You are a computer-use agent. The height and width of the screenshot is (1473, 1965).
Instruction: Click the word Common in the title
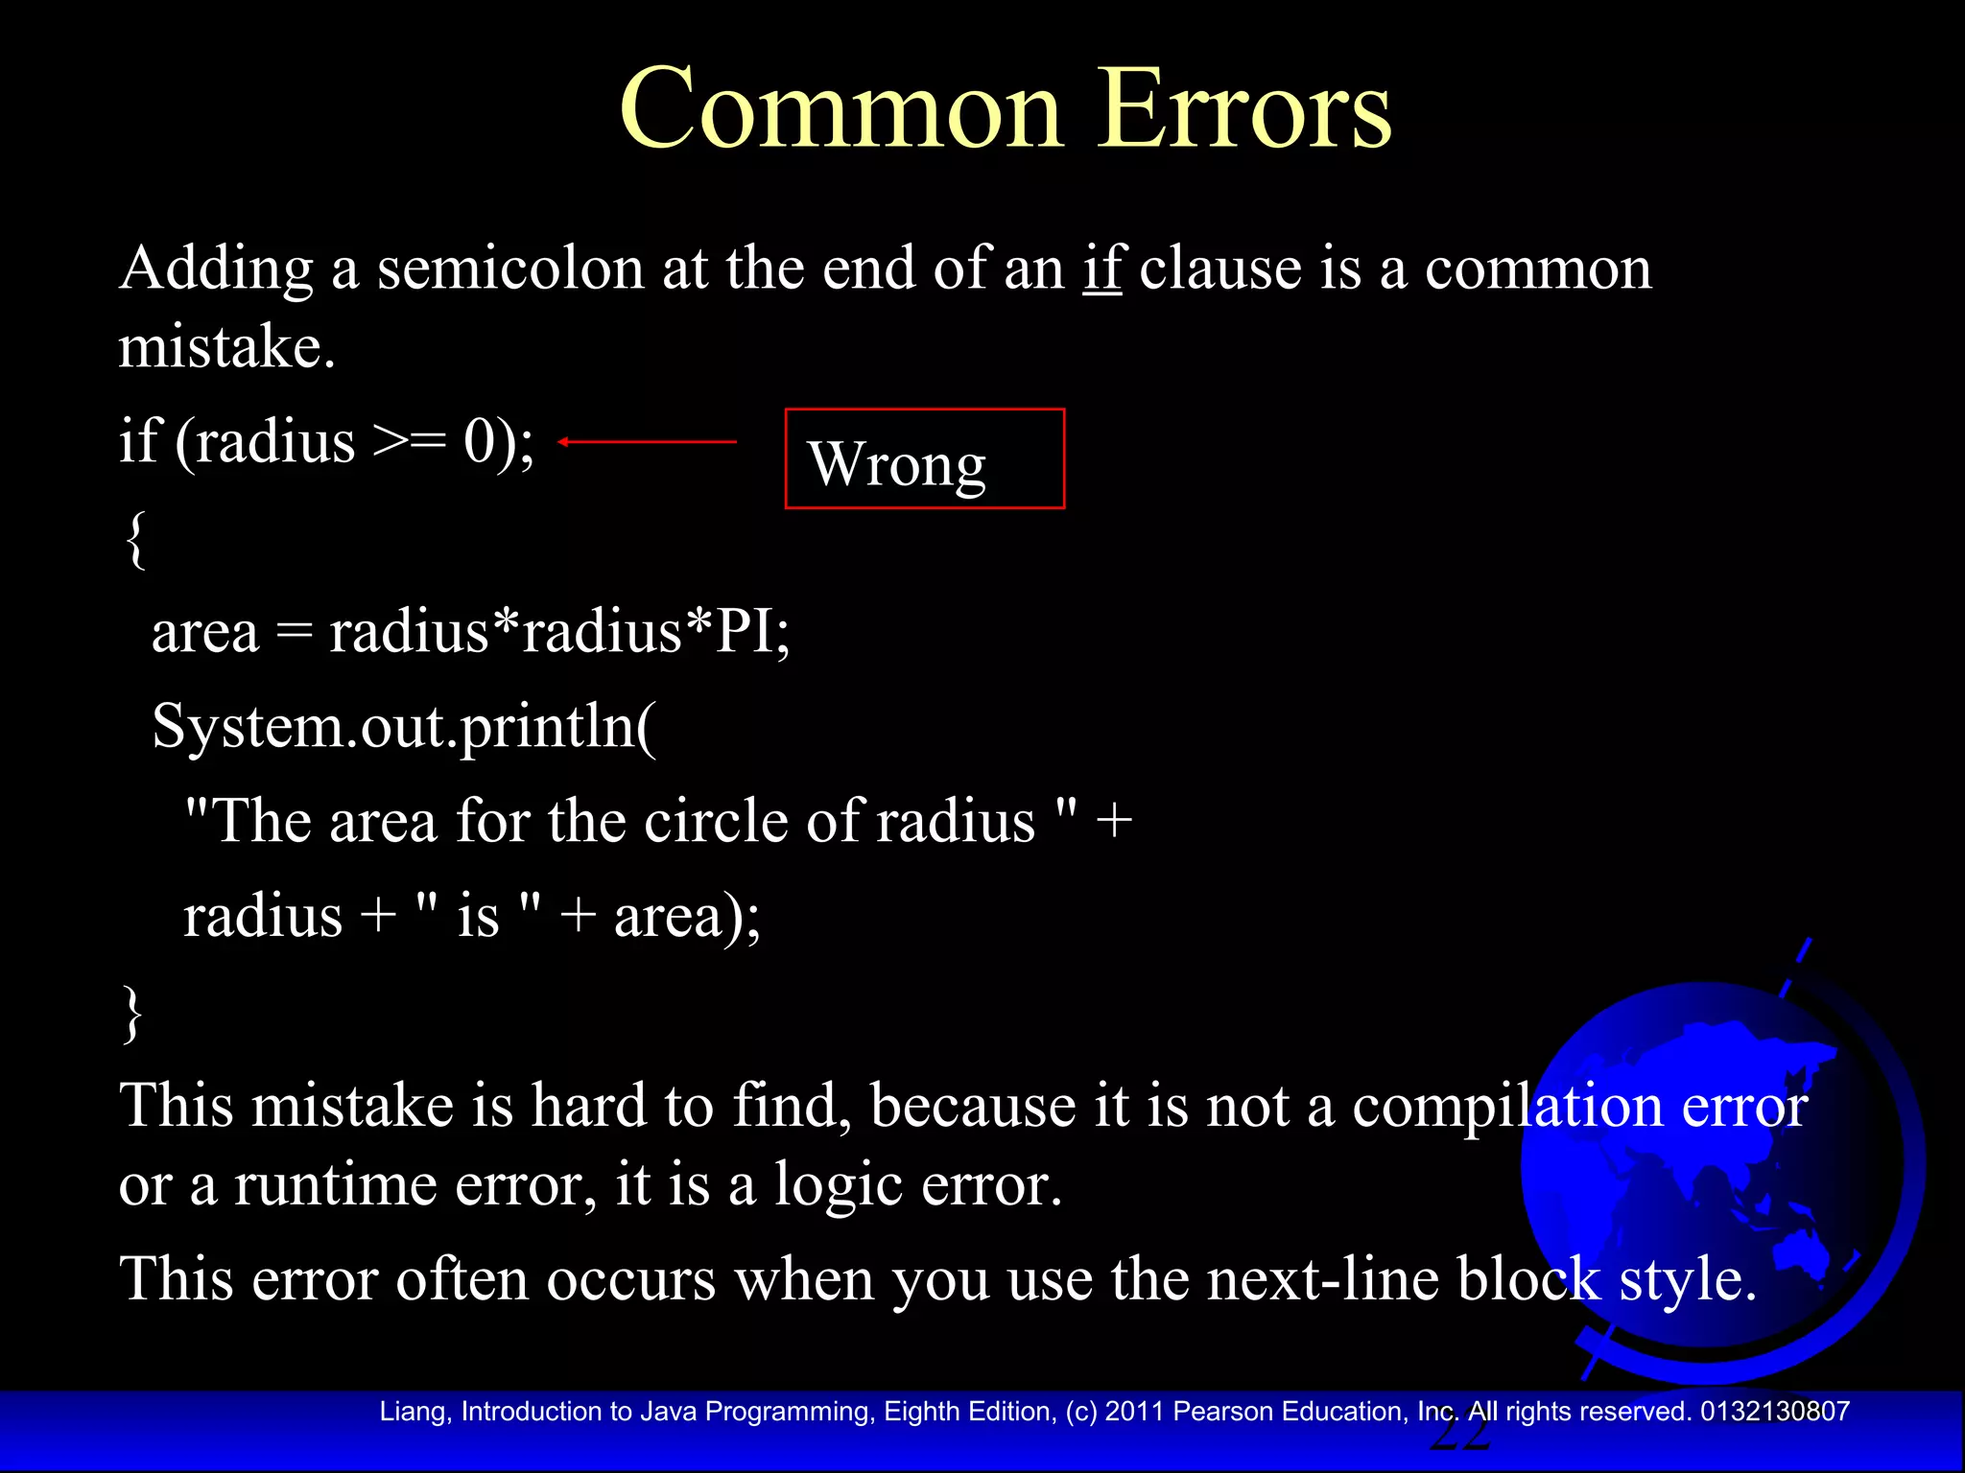[x=840, y=110]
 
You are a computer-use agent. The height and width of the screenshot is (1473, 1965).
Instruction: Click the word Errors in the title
[x=1243, y=110]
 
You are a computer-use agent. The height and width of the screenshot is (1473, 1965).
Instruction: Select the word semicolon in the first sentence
[x=509, y=268]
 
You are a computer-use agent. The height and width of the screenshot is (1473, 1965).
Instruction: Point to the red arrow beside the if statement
[x=648, y=441]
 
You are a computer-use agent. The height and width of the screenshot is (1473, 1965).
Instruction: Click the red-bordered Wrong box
[x=924, y=459]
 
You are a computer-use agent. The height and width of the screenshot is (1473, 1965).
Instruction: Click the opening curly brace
[x=135, y=540]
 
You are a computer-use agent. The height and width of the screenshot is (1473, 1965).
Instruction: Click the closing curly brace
[x=132, y=1014]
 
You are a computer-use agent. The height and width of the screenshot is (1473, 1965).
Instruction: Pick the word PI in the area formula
[x=744, y=633]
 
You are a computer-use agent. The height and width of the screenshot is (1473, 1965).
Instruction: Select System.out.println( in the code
[x=404, y=726]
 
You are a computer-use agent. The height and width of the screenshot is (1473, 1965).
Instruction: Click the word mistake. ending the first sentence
[x=226, y=347]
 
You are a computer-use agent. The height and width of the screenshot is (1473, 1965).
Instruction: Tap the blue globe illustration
[x=1717, y=1170]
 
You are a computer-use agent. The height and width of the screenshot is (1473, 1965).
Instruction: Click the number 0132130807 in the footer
[x=1774, y=1412]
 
